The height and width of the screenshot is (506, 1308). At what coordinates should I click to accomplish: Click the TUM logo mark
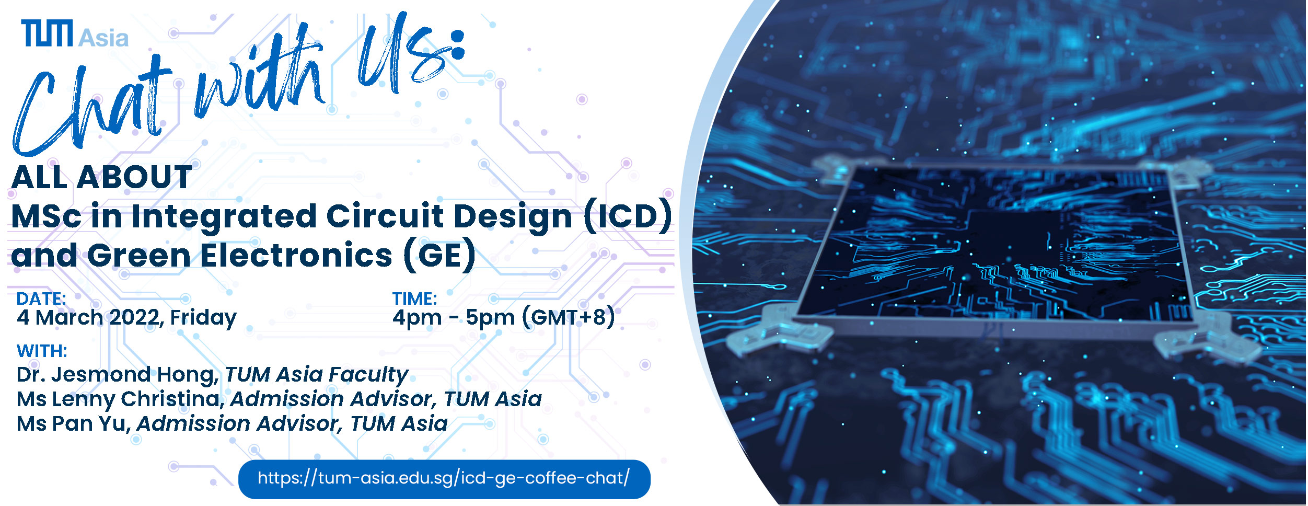(x=47, y=33)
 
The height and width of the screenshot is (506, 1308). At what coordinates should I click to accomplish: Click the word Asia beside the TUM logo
(x=103, y=38)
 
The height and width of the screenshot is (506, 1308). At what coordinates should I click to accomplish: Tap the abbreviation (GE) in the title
(x=439, y=256)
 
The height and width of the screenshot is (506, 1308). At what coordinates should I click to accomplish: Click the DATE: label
(x=41, y=298)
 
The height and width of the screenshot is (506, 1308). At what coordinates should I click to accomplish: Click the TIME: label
(x=415, y=298)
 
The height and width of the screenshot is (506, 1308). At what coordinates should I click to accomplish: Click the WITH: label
(x=42, y=351)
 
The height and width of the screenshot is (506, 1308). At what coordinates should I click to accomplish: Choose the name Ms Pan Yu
(x=74, y=424)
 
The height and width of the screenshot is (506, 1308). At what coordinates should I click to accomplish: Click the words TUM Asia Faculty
(x=316, y=375)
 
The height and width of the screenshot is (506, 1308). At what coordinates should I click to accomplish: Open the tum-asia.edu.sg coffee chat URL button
(x=444, y=479)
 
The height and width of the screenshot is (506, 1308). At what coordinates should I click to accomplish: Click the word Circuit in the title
(x=385, y=216)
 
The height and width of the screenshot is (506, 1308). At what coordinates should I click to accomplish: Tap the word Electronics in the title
(x=296, y=255)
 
